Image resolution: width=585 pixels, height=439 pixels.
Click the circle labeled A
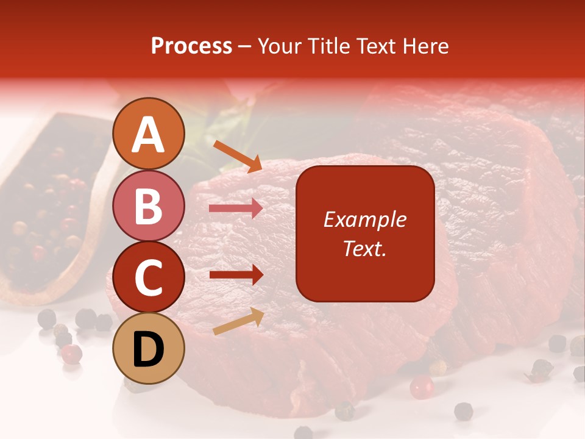point(149,134)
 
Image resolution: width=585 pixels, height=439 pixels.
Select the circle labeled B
point(149,205)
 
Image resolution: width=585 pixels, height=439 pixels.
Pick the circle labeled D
point(149,348)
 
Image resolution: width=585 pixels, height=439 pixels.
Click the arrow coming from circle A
point(238,155)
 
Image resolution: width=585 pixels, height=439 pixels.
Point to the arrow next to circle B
point(236,209)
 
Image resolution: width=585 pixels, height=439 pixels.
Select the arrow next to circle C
point(236,275)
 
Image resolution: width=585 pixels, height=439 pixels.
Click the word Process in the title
point(191,46)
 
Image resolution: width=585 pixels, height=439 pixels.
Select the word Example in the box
point(364,220)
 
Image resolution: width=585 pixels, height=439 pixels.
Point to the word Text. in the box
point(364,248)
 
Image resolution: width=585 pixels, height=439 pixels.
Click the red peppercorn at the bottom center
point(421,387)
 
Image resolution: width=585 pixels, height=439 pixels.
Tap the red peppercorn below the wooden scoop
point(72,353)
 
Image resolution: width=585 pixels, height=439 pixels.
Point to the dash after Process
point(245,46)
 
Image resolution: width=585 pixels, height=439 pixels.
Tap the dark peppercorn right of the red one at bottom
point(464,410)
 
